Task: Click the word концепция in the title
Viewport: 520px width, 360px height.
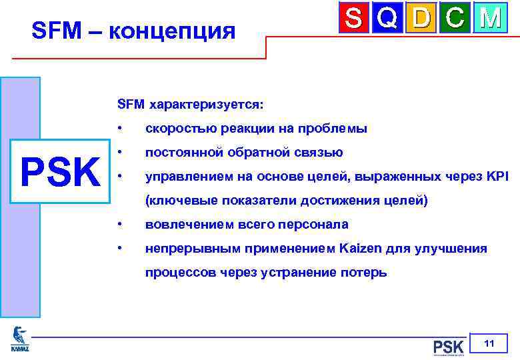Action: click(x=178, y=31)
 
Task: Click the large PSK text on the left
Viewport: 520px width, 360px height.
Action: click(x=60, y=173)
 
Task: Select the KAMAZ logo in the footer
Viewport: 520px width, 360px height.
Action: click(x=20, y=339)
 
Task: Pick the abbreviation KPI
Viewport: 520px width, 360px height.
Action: click(x=497, y=177)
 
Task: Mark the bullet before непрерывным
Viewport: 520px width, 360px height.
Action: click(x=118, y=249)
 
